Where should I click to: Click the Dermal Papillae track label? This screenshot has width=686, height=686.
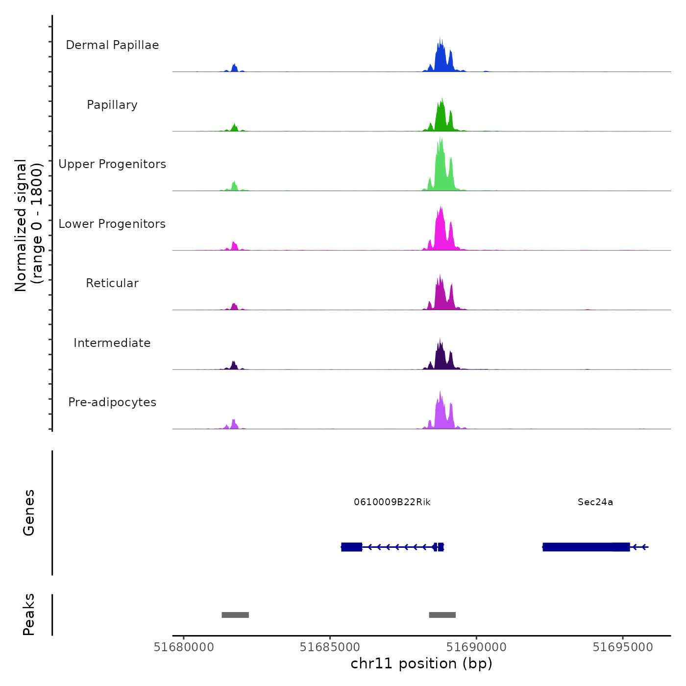pos(112,45)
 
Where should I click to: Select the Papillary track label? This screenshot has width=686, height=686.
pos(112,105)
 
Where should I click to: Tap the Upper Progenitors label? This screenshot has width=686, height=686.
pos(112,164)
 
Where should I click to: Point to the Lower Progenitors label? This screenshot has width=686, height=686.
pos(112,224)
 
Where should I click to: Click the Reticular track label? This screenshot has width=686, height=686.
pos(112,283)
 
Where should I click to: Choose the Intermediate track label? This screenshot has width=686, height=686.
pos(112,343)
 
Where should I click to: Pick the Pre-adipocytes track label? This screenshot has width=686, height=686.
pos(112,402)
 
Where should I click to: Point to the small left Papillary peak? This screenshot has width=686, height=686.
pos(234,128)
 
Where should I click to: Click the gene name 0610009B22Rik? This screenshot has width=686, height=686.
pos(392,502)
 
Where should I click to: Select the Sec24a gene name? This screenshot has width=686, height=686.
pos(595,502)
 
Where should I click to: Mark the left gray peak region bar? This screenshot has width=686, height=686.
pos(235,615)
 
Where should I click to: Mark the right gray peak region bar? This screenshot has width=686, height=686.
pos(442,615)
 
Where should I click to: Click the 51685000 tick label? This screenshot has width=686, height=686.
pos(330,647)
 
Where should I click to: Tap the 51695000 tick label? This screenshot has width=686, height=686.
pos(623,647)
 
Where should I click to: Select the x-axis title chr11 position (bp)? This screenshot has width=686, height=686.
pos(421,664)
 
